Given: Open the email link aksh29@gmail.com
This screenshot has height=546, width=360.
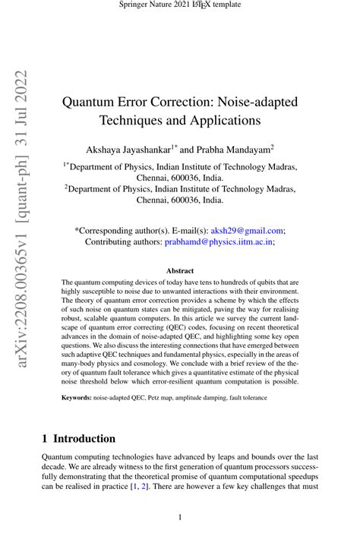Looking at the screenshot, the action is tap(246, 229).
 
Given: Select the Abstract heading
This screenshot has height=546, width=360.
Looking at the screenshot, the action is tap(179, 271).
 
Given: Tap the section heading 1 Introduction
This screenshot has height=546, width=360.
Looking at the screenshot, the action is tap(79, 438).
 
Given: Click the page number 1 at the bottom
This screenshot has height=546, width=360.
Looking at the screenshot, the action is tap(180, 517).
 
